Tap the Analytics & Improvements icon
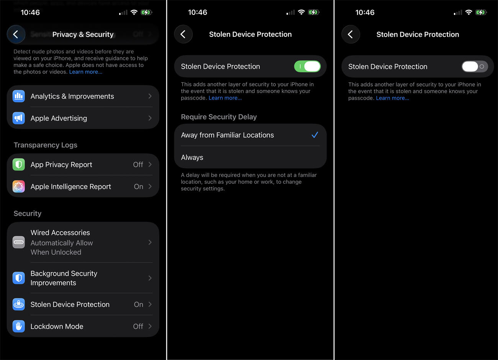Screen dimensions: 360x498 19,96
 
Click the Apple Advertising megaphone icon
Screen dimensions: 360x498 19,118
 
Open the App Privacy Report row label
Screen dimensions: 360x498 61,165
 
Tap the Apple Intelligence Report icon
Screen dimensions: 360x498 19,187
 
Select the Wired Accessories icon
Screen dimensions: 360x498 19,242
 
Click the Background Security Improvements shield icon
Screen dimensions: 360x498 19,278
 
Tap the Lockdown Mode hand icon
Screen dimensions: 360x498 19,326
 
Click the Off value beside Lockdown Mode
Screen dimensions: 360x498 138,326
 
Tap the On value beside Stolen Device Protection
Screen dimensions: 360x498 138,304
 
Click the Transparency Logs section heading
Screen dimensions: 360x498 46,145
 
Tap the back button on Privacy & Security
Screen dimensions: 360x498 16,34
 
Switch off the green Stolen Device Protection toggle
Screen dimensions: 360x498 307,67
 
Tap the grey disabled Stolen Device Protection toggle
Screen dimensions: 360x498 475,67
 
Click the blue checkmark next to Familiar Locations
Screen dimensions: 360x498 315,135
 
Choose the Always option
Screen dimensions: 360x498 192,157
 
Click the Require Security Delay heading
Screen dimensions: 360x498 219,117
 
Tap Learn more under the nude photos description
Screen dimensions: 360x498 85,72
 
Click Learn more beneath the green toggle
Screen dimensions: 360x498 225,98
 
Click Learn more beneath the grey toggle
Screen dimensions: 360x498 392,98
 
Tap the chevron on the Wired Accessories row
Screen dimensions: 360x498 150,242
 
